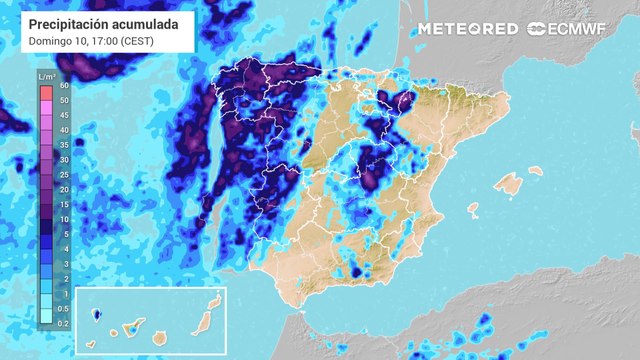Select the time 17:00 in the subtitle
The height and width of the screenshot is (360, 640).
103,41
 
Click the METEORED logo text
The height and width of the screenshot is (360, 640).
467,29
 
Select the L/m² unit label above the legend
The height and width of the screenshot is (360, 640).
46,76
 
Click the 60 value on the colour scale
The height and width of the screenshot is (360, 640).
64,86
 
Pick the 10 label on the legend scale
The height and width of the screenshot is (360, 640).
64,219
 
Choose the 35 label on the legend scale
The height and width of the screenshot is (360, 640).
64,145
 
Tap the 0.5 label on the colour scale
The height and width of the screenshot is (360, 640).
64,308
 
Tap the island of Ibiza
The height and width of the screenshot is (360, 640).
472,210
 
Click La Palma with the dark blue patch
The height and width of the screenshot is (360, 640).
97,314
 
